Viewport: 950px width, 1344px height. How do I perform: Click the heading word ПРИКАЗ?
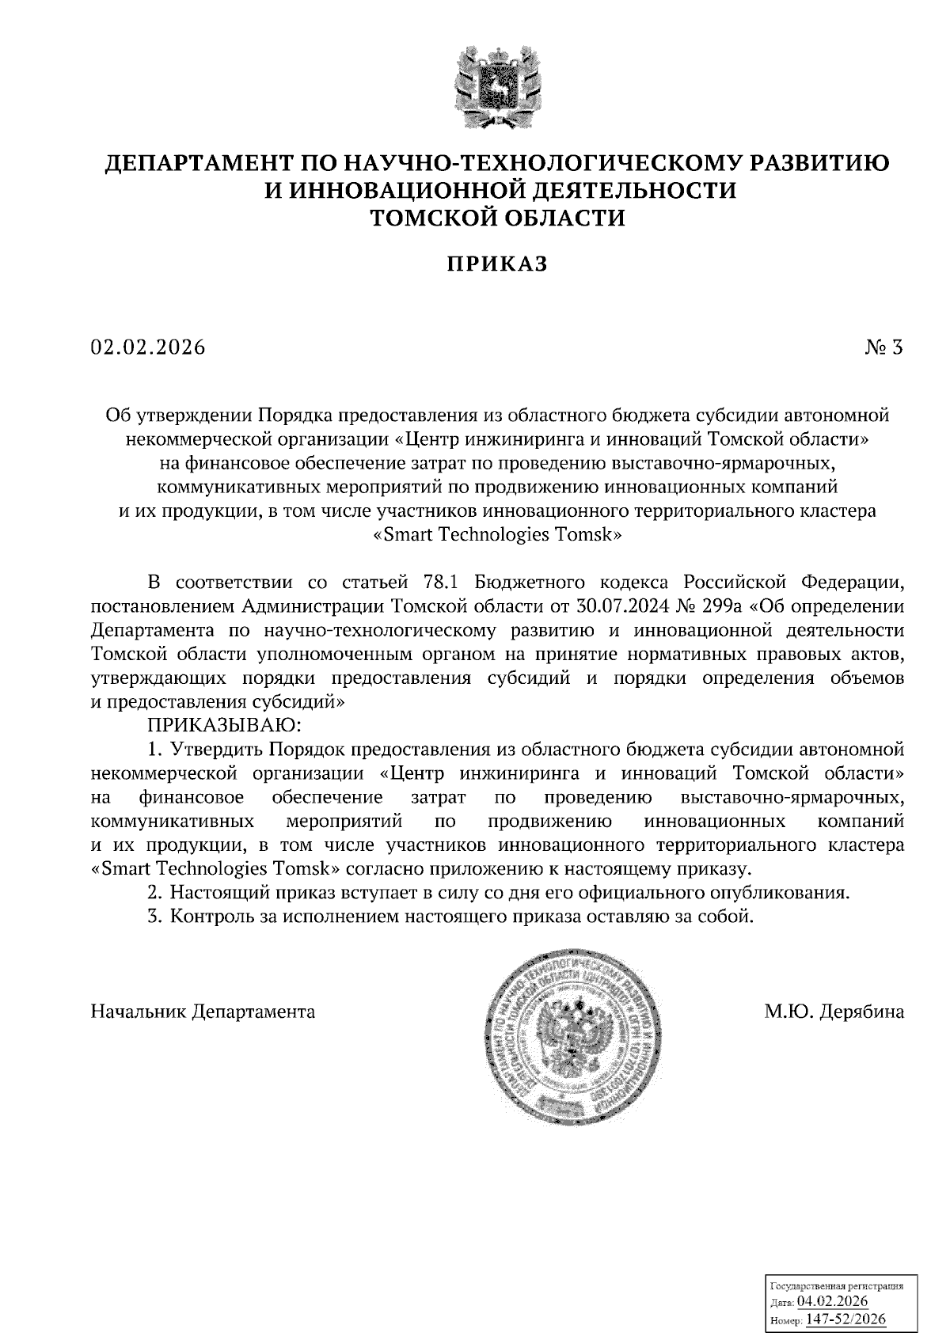pyautogui.click(x=496, y=264)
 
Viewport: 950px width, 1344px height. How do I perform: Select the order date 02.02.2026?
pyautogui.click(x=148, y=347)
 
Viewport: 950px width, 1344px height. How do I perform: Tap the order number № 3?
pyautogui.click(x=884, y=347)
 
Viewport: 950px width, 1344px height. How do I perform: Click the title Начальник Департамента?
pyautogui.click(x=203, y=1012)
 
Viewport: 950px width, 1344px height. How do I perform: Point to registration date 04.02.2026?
pyautogui.click(x=832, y=1303)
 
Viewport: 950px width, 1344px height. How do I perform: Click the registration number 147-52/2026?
pyautogui.click(x=845, y=1319)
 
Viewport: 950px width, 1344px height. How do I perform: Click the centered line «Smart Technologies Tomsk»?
pyautogui.click(x=497, y=535)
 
